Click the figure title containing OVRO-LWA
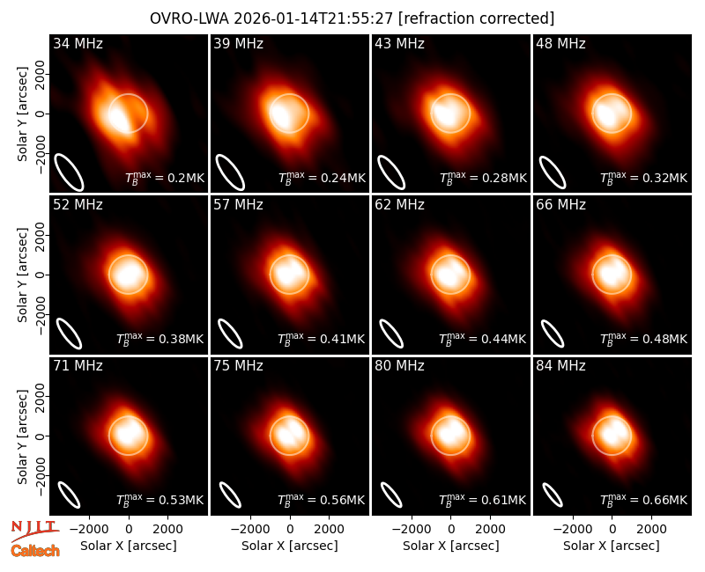point(352,18)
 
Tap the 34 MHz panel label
point(78,43)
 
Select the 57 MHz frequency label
point(238,205)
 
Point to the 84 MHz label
point(560,366)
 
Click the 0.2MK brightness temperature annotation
point(165,178)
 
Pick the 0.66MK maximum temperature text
point(644,499)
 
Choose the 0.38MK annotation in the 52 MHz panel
point(160,338)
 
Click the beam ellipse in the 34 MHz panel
point(69,172)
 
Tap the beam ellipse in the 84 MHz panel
point(553,495)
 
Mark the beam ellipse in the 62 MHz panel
point(391,334)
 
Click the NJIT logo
point(35,531)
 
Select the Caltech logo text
point(35,551)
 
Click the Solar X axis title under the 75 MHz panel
point(290,546)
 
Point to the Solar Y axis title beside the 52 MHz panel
point(23,275)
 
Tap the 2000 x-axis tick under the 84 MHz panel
point(651,530)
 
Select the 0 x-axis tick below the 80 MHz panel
point(451,530)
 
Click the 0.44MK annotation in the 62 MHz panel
point(482,338)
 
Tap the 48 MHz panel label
point(560,43)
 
